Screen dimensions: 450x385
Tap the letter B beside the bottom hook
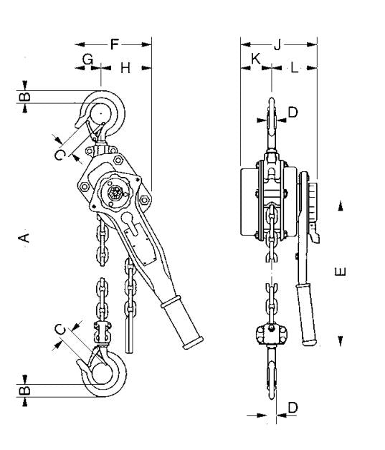[x=26, y=391]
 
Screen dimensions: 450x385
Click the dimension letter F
[x=114, y=44]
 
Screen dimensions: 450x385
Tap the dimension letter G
[x=87, y=62]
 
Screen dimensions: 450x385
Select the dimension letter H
[x=125, y=68]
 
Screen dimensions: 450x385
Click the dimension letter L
[x=295, y=68]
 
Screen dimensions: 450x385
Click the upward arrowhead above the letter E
[x=341, y=206]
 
